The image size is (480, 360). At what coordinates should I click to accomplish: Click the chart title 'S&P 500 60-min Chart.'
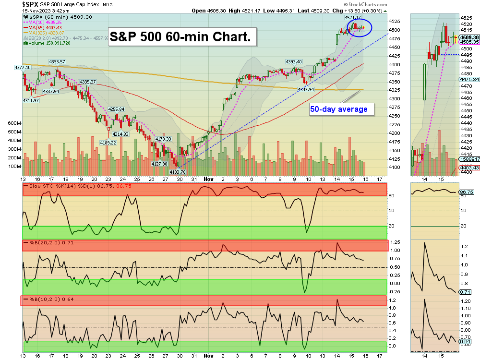click(x=181, y=36)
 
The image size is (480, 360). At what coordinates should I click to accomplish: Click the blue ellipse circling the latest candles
click(x=360, y=28)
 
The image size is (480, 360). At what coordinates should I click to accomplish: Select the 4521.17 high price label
click(x=352, y=17)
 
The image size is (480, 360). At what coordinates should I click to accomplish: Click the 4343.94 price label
click(x=306, y=90)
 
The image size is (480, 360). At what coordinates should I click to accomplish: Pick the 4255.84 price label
click(x=116, y=109)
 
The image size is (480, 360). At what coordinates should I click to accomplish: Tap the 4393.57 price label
click(x=57, y=62)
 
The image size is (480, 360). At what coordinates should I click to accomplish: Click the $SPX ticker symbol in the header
click(x=31, y=4)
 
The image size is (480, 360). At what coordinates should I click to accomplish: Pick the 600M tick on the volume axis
click(x=15, y=123)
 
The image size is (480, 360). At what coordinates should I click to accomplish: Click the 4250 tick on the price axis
click(x=395, y=116)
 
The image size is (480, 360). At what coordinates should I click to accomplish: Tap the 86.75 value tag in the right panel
click(x=467, y=192)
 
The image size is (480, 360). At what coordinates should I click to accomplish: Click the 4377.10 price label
click(x=23, y=68)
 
